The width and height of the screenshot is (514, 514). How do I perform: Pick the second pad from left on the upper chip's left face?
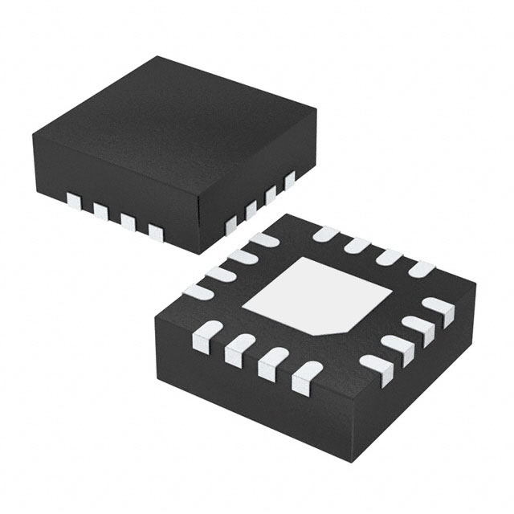point(100,210)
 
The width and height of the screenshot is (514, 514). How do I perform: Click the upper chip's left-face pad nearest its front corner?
point(156,233)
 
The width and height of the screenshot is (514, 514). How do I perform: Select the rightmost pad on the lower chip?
point(439,308)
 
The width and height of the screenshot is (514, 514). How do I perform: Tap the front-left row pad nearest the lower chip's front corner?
point(305,377)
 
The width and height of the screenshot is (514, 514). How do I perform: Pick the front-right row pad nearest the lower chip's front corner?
point(373,365)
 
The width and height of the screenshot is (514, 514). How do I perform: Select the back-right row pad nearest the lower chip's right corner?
point(421,269)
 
